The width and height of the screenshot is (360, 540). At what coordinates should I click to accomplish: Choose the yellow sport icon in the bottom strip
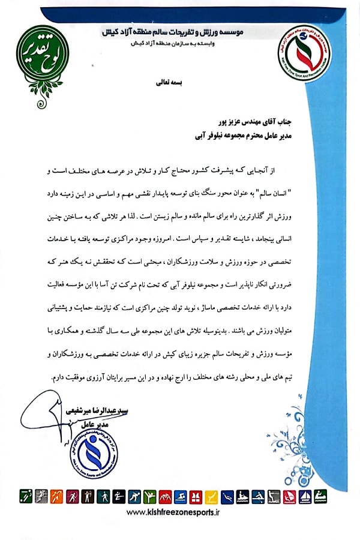pos(211,496)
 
